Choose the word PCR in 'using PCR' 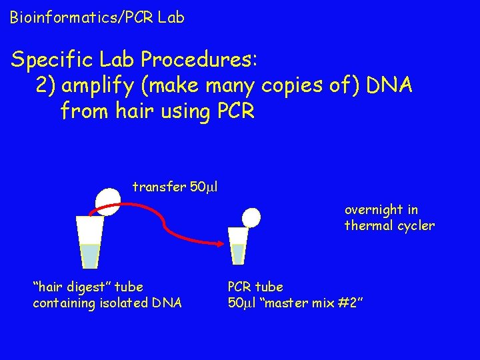[236, 110]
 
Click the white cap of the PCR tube [251, 217]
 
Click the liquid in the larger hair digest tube [89, 255]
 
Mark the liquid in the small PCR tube [238, 253]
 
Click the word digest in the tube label [91, 287]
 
